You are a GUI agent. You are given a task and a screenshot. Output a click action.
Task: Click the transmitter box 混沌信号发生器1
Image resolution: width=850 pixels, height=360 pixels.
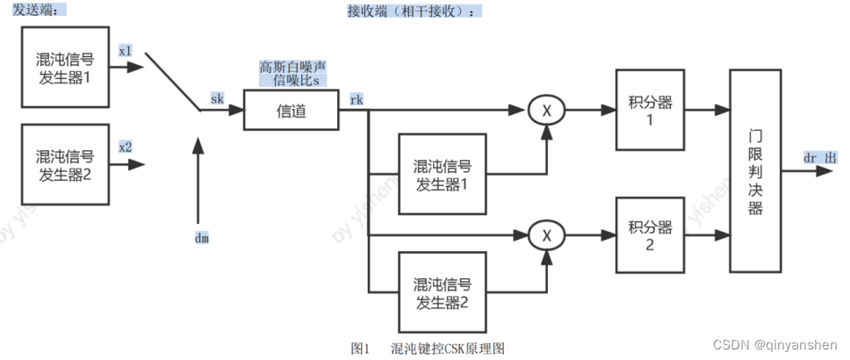[x=67, y=68]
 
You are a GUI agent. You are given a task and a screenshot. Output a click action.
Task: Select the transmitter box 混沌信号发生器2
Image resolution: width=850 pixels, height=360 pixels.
[x=67, y=165]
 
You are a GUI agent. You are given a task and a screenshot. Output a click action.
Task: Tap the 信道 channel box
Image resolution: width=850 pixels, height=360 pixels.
[x=291, y=111]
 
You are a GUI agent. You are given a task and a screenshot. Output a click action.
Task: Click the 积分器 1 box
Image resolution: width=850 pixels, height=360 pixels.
[x=651, y=111]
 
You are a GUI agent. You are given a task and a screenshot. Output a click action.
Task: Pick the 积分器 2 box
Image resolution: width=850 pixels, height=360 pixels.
[x=651, y=236]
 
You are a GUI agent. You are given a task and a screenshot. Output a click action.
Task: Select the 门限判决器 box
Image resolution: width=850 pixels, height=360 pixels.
[x=756, y=172]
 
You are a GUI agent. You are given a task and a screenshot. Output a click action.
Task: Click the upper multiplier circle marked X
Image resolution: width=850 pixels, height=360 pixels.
[x=546, y=111]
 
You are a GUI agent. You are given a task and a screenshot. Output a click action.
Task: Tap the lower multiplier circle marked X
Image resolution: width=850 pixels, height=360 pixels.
[x=546, y=235]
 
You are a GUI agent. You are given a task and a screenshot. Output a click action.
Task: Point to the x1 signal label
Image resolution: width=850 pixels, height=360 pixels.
[x=126, y=52]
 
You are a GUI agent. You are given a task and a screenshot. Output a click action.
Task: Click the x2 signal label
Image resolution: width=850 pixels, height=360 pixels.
[x=126, y=147]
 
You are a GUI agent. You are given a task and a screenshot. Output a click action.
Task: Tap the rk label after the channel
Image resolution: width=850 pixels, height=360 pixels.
[x=357, y=99]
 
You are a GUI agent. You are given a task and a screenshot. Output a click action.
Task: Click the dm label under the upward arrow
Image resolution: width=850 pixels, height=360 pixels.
[x=201, y=237]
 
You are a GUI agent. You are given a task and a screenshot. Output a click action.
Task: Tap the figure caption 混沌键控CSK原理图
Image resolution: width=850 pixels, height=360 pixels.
[x=448, y=349]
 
